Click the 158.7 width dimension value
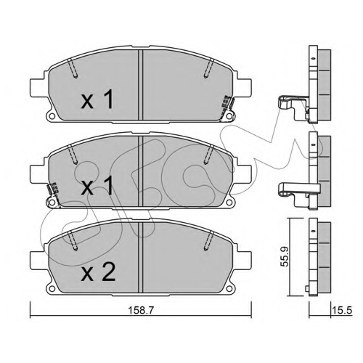[x=141, y=310]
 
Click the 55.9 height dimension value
[x=285, y=256]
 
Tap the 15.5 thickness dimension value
[x=343, y=310]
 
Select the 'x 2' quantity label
[x=98, y=273]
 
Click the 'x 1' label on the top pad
[x=97, y=99]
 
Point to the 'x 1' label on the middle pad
[x=97, y=186]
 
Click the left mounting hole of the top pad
[x=52, y=117]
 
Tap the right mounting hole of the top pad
[x=229, y=117]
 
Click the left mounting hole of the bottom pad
[x=52, y=289]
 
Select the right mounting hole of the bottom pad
[x=229, y=289]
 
